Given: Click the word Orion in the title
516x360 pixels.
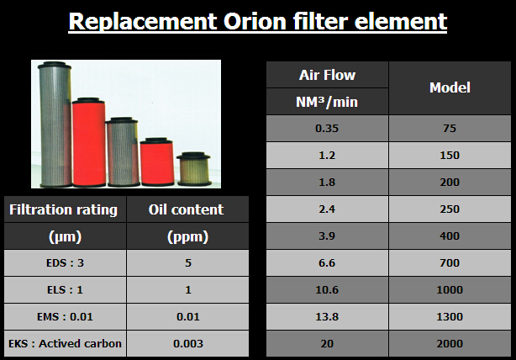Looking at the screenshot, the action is [255, 21].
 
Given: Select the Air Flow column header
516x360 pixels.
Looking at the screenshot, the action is [327, 75].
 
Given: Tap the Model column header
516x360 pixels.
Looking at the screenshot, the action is [450, 88].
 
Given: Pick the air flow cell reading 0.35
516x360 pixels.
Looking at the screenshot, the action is [327, 128].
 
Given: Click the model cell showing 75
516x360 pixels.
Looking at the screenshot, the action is [450, 128].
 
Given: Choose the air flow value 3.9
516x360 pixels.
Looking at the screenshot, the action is [327, 236].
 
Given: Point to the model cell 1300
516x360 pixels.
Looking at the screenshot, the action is [450, 316].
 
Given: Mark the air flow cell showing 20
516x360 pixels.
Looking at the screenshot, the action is [327, 343].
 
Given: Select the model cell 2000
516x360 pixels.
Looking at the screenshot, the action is [450, 343].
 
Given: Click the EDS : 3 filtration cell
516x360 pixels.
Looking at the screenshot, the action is [66, 262].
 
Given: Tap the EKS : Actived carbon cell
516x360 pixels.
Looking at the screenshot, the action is [66, 343].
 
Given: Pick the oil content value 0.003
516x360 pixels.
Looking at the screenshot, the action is [188, 343].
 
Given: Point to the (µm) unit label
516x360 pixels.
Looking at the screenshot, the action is [66, 236].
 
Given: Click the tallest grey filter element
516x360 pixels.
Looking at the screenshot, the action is [55, 124].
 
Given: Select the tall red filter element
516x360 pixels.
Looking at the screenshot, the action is [89, 142].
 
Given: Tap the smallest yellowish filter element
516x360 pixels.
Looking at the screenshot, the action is [194, 168].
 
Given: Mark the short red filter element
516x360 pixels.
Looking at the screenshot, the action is [157, 161].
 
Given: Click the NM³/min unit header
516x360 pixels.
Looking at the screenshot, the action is [327, 102].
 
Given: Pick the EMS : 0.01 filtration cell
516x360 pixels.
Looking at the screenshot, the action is [66, 316].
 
